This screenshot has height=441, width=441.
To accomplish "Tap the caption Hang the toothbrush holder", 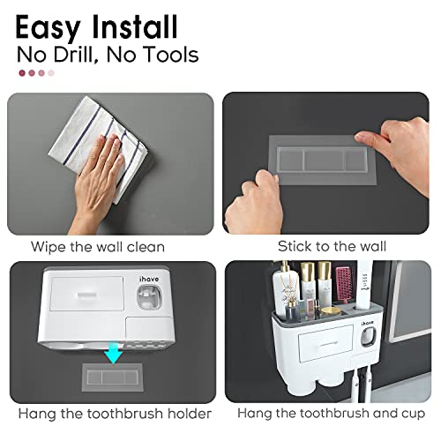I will [109, 414].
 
